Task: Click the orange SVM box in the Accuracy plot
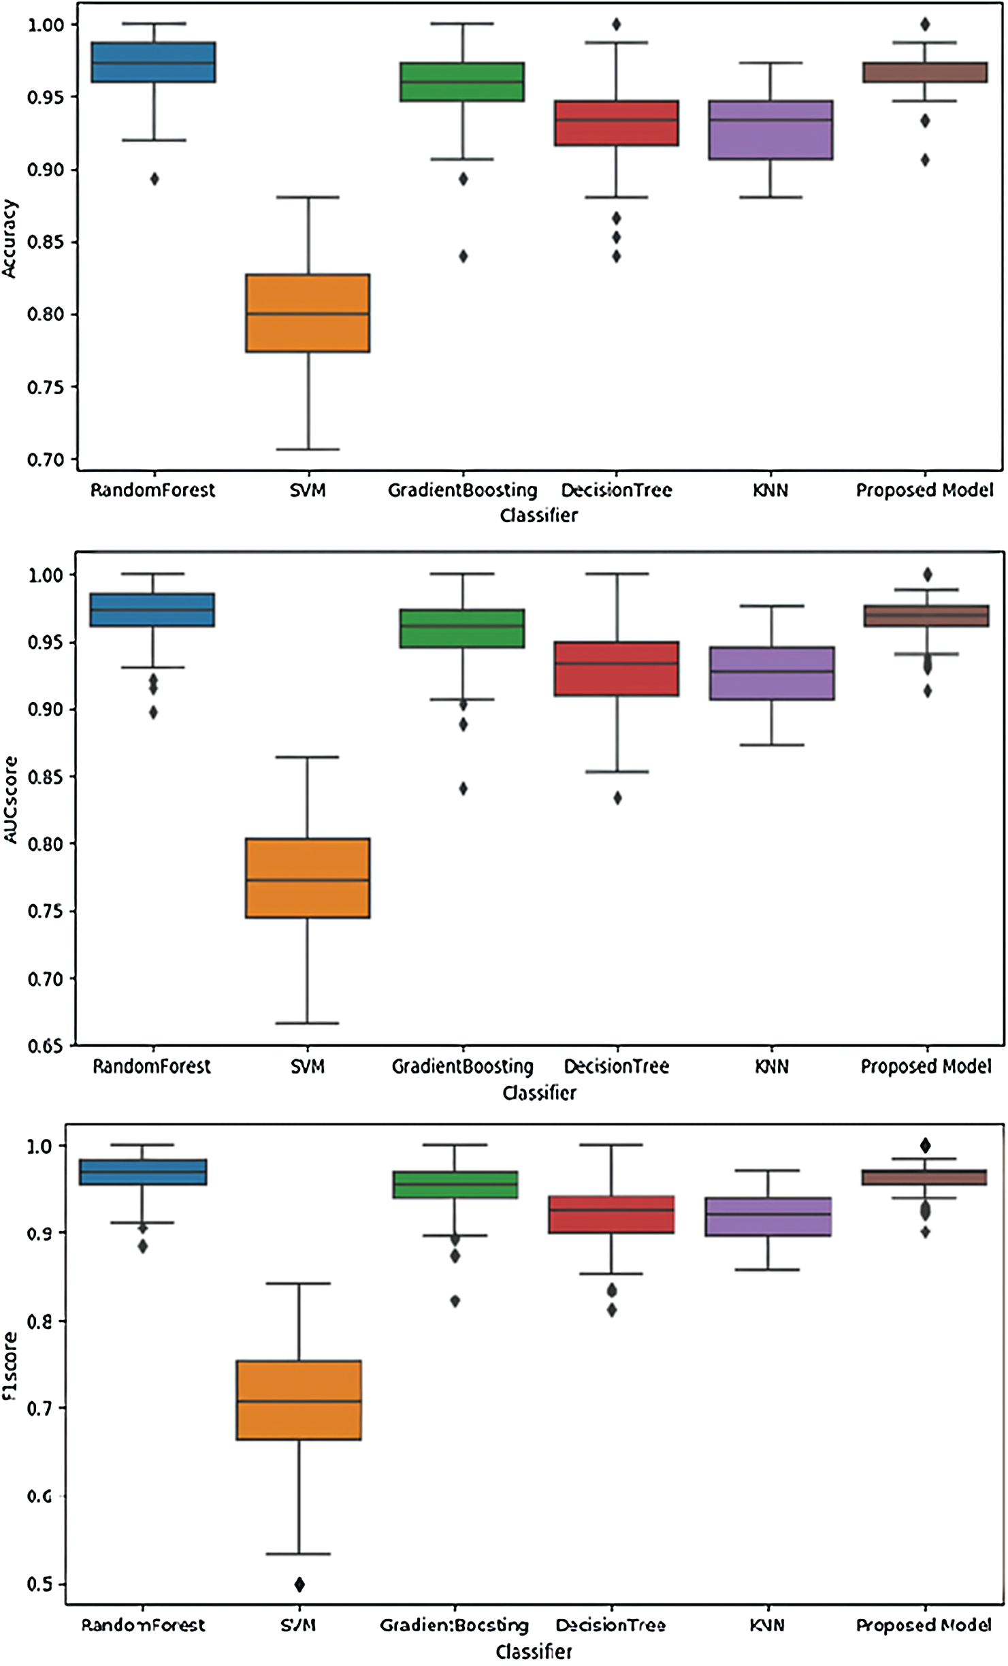(308, 313)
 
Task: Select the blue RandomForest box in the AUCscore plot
(153, 610)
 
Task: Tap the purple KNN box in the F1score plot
(768, 1217)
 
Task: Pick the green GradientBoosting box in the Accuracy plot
(462, 82)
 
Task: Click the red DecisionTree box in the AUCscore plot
(617, 669)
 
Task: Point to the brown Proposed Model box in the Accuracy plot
(925, 72)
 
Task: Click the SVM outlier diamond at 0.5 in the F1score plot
(299, 1584)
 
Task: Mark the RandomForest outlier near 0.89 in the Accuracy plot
(155, 179)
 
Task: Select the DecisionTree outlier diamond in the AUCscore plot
(617, 798)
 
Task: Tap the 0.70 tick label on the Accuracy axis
(46, 460)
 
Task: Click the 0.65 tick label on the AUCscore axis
(46, 1046)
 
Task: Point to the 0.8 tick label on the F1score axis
(39, 1321)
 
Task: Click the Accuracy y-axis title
(10, 238)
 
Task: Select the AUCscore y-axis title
(10, 800)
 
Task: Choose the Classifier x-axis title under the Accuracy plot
(538, 515)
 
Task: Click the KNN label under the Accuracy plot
(770, 490)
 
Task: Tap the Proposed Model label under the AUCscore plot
(926, 1066)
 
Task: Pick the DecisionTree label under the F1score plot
(611, 1625)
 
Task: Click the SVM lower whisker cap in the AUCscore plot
(307, 1023)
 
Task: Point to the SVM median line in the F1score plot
(299, 1401)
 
